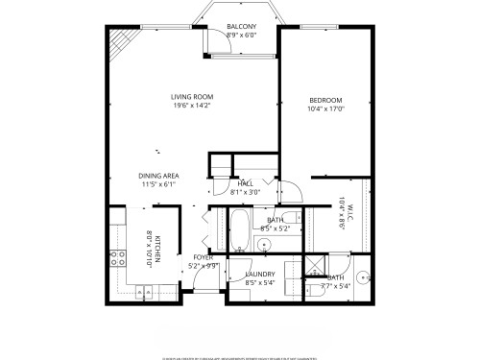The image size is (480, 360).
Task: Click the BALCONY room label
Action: [x=241, y=26]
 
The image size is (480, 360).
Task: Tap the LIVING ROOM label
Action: [x=192, y=97]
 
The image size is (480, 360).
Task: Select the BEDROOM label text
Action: [x=325, y=101]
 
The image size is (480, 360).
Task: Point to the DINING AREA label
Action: [x=157, y=176]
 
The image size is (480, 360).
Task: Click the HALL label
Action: [x=246, y=183]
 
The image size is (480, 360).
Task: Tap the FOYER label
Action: [x=204, y=257]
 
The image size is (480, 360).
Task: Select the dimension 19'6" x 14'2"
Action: [x=192, y=106]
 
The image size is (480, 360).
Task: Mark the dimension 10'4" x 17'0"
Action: [x=325, y=109]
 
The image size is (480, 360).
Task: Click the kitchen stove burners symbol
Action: [x=121, y=257]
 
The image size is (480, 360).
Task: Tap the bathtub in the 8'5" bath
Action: [x=239, y=230]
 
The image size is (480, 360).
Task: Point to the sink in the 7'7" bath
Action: [x=353, y=269]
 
